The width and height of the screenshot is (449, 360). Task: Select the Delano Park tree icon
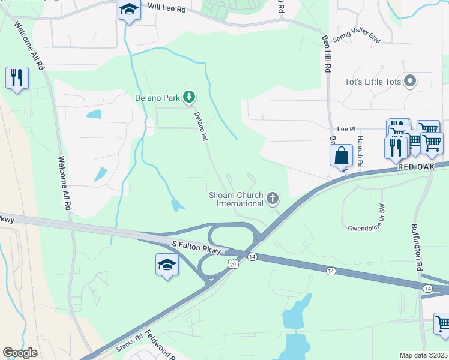(x=189, y=97)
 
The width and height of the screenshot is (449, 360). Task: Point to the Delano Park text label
(x=157, y=97)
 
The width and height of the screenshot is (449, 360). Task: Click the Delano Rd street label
(x=201, y=127)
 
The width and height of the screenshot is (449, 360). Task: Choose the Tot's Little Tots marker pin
(x=411, y=81)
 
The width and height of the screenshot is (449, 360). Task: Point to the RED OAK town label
(x=415, y=166)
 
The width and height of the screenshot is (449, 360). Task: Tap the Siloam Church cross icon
(x=273, y=198)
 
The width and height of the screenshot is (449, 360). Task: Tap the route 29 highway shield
(x=233, y=264)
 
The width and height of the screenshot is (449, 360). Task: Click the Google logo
(x=20, y=353)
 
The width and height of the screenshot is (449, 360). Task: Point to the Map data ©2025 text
(x=424, y=355)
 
